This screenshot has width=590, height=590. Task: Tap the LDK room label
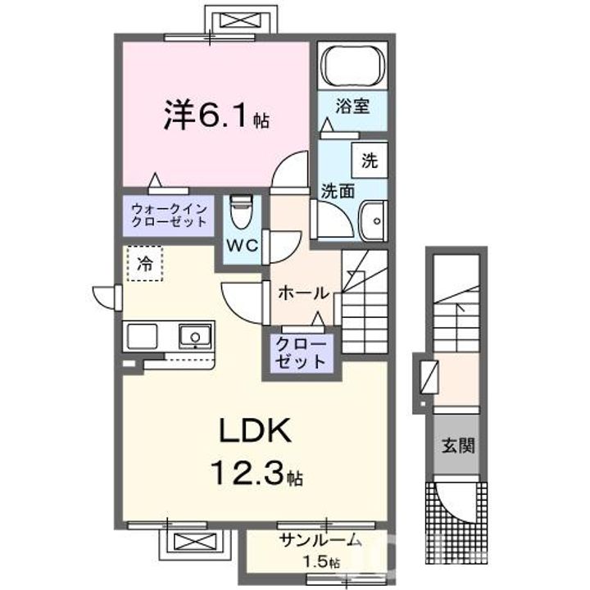point(252,430)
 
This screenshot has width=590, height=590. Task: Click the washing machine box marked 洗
point(370,161)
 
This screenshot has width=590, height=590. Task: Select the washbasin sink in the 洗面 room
point(374,219)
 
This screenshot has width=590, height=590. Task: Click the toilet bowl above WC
point(240,215)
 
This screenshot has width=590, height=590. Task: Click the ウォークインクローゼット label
point(169,216)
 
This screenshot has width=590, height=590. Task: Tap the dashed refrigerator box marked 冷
point(144,264)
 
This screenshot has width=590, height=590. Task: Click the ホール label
point(303,293)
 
